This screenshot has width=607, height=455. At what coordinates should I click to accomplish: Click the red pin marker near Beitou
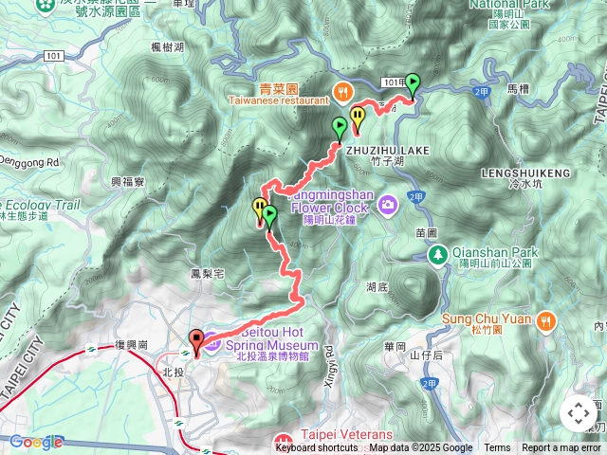pos(196,341)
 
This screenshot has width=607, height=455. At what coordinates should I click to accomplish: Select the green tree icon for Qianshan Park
pos(437,254)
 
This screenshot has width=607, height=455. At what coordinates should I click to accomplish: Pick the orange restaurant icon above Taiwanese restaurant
pos(341,90)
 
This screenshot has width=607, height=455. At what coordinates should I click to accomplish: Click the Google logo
pos(35,442)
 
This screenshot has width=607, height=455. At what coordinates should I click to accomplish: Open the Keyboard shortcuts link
pos(317,448)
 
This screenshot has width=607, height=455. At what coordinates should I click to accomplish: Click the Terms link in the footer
pos(497,448)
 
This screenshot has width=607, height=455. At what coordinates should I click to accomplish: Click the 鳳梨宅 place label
pos(206,274)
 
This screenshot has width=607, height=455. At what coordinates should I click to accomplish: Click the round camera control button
pos(578,413)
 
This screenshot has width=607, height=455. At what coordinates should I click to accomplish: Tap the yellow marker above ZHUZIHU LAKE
pos(358,118)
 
